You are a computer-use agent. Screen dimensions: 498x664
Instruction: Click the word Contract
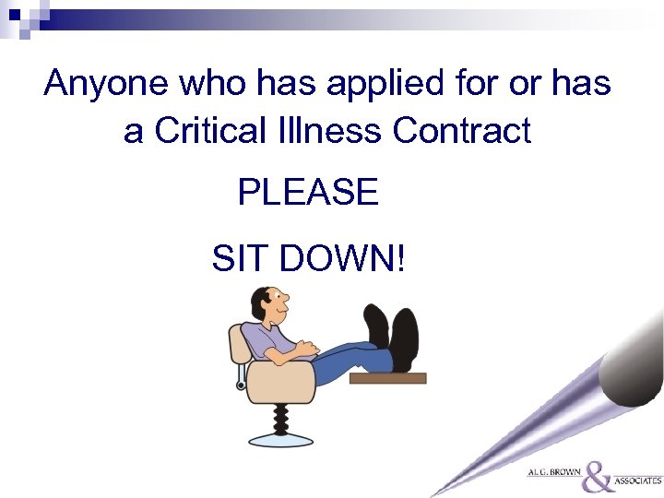(462, 131)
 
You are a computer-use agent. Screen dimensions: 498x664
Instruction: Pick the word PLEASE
(308, 193)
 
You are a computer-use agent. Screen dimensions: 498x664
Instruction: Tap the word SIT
(240, 259)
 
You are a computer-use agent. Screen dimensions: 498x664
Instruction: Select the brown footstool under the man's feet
(387, 377)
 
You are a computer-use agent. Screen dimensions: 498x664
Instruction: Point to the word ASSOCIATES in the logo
(639, 480)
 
